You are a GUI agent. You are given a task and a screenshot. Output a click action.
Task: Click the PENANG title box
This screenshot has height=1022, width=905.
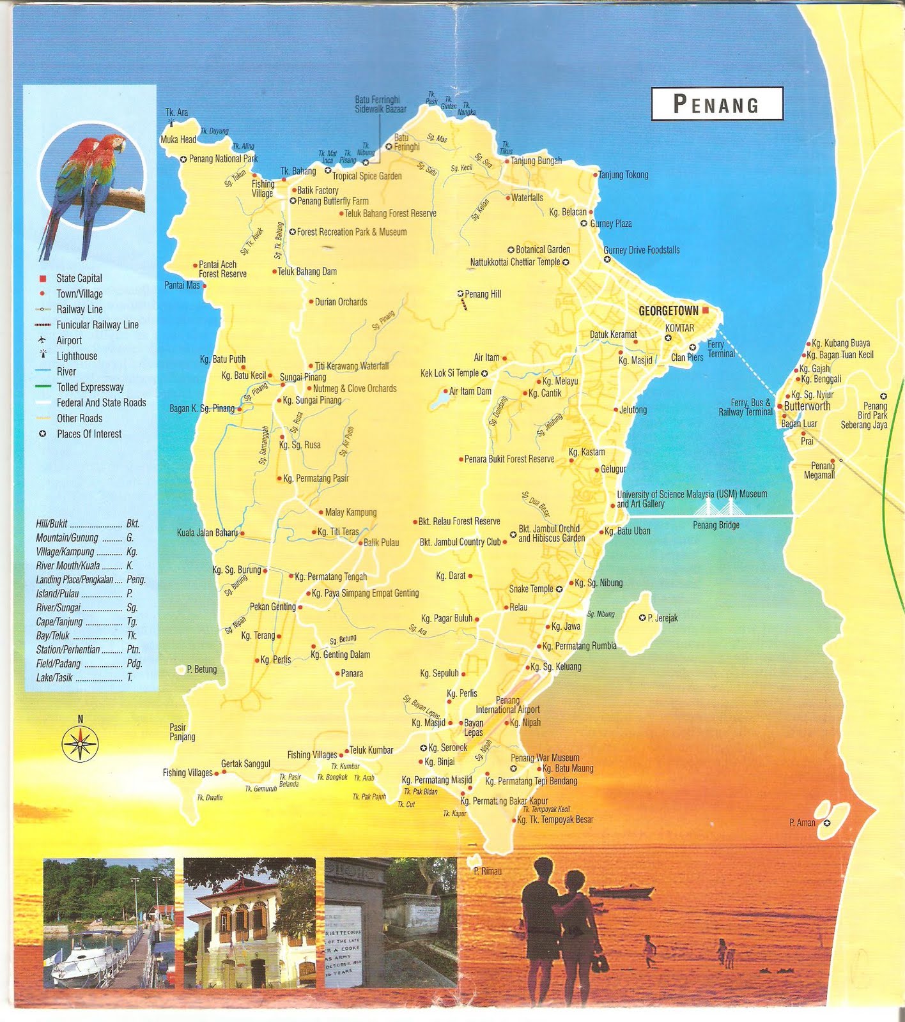point(716,103)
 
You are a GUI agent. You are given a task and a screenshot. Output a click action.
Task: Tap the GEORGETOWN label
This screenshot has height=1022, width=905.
point(669,310)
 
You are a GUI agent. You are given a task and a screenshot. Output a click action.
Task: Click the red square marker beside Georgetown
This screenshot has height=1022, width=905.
point(706,310)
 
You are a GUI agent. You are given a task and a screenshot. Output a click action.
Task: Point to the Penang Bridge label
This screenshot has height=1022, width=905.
point(716,525)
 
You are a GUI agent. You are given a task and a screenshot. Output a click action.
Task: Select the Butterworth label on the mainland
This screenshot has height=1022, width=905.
point(807,406)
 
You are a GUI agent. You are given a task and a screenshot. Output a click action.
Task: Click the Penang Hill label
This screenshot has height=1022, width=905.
point(483,294)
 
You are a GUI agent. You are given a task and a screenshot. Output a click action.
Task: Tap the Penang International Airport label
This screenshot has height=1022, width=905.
point(507,705)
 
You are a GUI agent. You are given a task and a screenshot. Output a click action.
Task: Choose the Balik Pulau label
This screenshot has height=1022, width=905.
point(381,542)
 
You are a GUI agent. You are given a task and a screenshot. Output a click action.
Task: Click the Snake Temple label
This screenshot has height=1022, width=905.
point(531,589)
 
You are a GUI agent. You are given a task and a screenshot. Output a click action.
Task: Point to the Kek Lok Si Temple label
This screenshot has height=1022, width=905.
point(449,373)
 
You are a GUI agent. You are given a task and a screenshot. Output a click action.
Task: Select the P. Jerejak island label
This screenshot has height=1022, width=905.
point(662,618)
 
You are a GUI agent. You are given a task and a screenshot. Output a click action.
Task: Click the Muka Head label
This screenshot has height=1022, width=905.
point(178,139)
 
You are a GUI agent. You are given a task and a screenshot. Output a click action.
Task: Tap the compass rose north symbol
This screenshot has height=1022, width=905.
point(80,742)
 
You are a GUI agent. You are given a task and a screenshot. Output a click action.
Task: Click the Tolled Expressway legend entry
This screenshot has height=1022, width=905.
point(90,387)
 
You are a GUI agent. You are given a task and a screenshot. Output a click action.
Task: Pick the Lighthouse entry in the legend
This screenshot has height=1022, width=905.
point(77,356)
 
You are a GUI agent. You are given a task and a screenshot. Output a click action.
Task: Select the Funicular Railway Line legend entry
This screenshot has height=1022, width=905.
point(97,324)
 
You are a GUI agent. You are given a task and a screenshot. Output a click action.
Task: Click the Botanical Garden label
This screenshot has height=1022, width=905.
point(543,249)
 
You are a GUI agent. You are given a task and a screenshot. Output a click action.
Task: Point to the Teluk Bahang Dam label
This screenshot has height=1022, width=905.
point(307,271)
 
